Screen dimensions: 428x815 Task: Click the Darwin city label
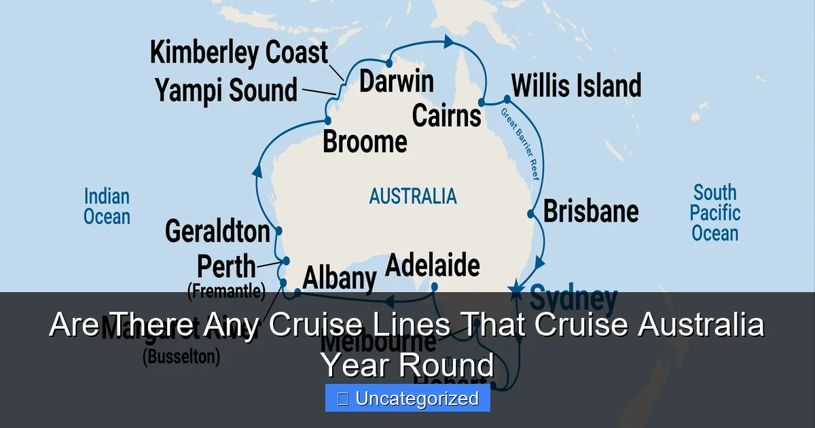396,82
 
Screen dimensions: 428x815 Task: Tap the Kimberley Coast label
238,53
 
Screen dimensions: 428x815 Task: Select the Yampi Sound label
226,90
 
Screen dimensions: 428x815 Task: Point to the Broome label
365,142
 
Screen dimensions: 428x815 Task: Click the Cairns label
446,115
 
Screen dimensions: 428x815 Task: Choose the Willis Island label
576,86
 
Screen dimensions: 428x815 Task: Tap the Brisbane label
591,211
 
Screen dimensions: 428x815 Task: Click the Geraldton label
217,232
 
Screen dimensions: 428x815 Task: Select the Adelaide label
433,265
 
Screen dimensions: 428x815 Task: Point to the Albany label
339,279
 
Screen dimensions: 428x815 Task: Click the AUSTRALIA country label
413,196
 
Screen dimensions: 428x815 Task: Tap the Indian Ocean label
107,207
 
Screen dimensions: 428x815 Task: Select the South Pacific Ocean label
714,213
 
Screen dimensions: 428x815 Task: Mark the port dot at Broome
328,121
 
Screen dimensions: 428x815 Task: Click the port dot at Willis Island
507,99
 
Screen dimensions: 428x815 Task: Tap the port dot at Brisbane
531,214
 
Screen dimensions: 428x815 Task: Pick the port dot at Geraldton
278,231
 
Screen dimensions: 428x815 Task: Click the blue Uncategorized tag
407,398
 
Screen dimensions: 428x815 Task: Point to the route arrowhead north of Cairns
449,41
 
